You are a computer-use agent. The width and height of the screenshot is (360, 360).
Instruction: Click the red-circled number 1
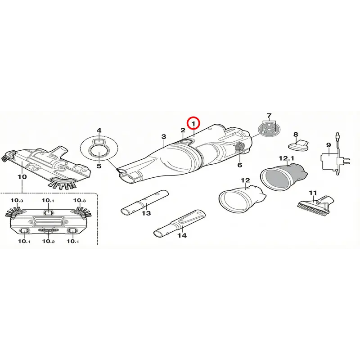coord(193,124)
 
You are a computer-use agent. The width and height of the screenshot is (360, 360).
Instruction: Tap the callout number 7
coord(269,116)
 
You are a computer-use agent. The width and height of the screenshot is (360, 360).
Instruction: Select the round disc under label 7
coord(269,130)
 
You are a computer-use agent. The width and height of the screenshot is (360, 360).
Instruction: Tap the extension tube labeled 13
coord(144,202)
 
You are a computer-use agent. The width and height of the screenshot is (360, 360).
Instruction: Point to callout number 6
coord(239,165)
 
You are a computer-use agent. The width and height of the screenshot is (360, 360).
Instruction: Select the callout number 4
coord(99,130)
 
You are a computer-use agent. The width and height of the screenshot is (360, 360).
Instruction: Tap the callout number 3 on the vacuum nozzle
coord(163,137)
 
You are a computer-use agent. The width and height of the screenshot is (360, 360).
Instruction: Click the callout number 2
coord(183,130)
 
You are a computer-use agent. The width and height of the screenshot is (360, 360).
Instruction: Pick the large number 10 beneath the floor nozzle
coord(22,177)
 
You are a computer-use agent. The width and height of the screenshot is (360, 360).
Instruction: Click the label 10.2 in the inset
coord(48,241)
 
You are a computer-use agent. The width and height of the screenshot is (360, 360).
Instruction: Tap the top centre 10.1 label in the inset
coord(48,200)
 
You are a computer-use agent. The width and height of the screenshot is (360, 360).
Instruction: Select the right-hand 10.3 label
coord(80,200)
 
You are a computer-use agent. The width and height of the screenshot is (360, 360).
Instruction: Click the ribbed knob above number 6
coord(239,147)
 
